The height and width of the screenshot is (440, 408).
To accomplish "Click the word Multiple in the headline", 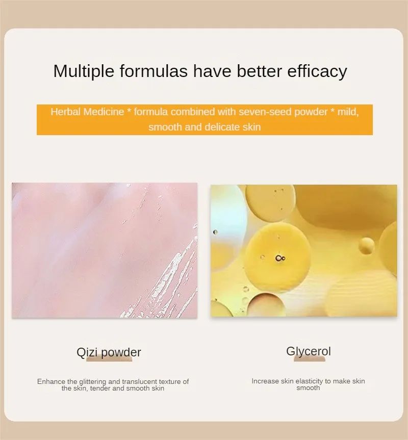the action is click(84, 71).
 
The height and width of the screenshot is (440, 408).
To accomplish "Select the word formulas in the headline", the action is click(154, 71).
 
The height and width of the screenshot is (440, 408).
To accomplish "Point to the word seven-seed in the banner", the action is click(265, 112).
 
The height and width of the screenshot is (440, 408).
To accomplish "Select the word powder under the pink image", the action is click(121, 352).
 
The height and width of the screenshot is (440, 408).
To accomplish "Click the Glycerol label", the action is click(309, 352).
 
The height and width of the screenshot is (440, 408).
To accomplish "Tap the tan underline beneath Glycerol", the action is click(310, 359).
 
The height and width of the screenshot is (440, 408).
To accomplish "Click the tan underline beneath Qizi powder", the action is click(109, 359).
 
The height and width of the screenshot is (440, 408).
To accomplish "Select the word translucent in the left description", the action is click(139, 381).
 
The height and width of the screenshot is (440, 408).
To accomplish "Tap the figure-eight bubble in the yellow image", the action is click(280, 258).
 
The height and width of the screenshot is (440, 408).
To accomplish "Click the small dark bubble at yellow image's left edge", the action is click(215, 232).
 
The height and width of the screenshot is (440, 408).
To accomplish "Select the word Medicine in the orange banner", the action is click(104, 112).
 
